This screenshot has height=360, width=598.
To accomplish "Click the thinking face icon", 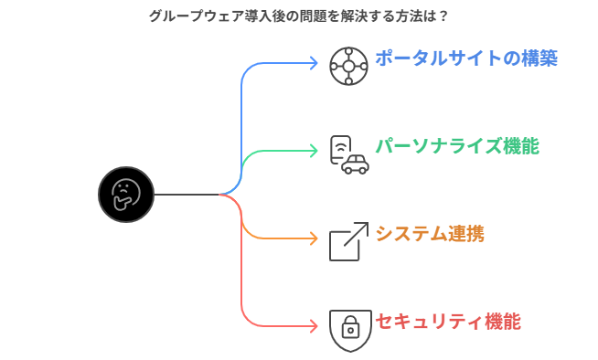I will click(x=126, y=194).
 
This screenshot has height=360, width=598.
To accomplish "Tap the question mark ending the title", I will click(x=443, y=16).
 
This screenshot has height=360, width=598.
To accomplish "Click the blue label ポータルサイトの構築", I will click(x=465, y=58).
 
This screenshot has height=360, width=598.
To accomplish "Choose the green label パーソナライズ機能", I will click(x=456, y=146).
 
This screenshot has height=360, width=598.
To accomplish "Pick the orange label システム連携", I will click(x=429, y=234).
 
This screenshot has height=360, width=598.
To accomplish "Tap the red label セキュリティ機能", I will click(x=447, y=322).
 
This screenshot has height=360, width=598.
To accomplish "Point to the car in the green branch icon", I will click(x=356, y=164).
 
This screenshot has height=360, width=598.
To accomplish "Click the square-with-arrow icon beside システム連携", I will click(x=349, y=241).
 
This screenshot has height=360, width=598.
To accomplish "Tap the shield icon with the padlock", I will click(x=350, y=329).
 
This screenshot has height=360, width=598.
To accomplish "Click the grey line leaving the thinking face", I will click(x=187, y=195).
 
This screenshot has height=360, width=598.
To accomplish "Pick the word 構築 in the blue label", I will click(x=539, y=58).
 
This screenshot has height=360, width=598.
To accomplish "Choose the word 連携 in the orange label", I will click(x=465, y=234).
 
